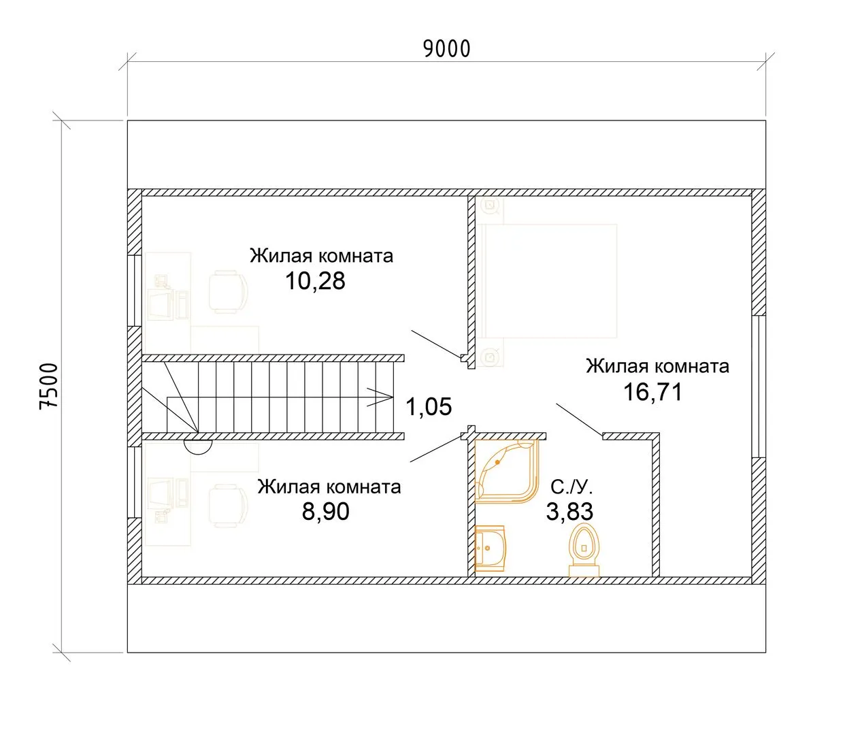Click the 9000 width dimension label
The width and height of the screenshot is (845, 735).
click(446, 49)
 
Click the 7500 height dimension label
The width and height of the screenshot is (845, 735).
click(48, 387)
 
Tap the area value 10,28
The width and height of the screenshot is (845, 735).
click(315, 281)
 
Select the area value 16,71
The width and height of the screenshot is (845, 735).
click(652, 392)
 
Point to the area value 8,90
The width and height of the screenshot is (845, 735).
click(325, 511)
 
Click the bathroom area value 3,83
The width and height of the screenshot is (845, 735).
click(569, 511)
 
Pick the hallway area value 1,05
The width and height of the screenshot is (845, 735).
click(429, 406)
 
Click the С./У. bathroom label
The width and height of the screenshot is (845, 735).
click(571, 487)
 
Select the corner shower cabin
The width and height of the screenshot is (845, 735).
click(507, 471)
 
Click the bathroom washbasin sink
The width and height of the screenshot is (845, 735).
click(489, 549)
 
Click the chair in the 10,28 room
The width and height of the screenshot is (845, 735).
click(228, 291)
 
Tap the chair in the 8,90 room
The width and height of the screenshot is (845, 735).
click(228, 506)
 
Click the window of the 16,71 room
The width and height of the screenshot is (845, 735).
click(759, 387)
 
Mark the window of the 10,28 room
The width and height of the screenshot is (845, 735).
click(135, 291)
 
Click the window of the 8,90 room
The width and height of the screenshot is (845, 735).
click(135, 483)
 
